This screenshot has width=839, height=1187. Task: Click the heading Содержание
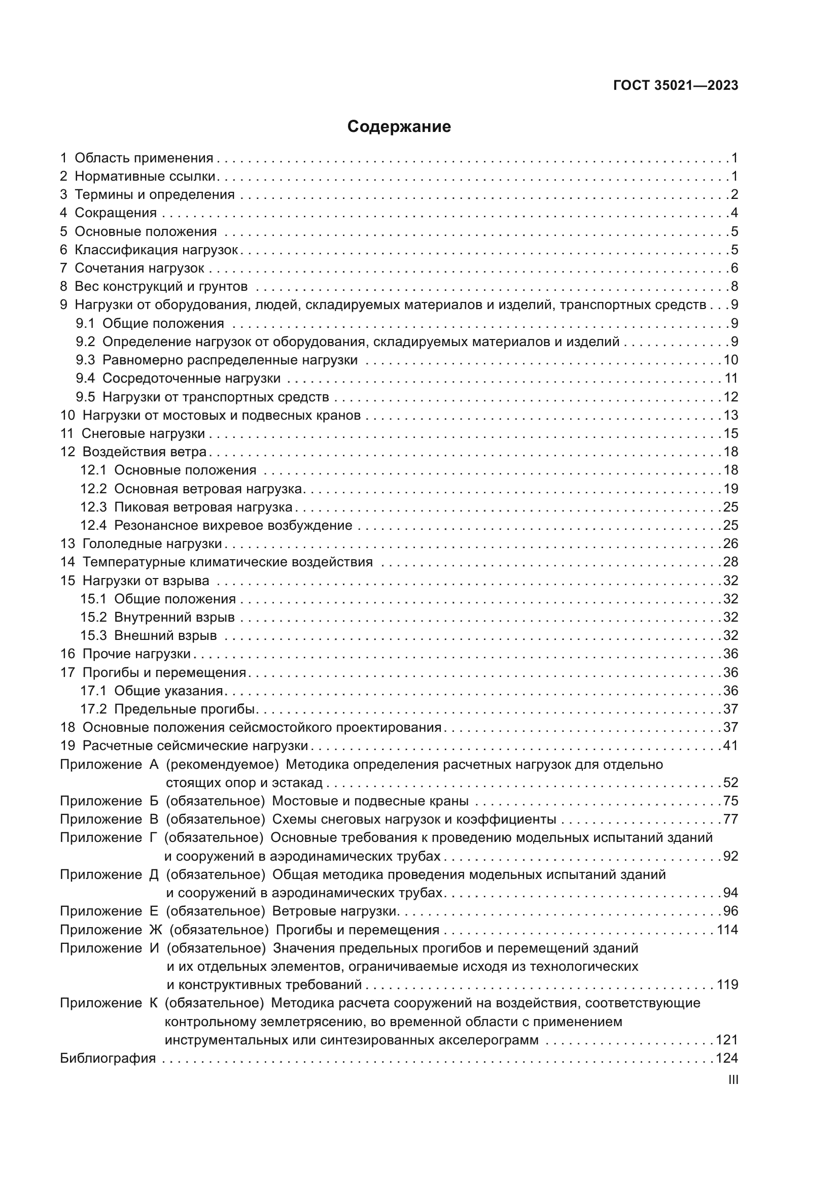[399, 127]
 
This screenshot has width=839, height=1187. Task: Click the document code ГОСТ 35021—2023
[675, 85]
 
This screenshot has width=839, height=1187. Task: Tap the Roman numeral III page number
[732, 1079]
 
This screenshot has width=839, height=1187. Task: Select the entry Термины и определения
[155, 194]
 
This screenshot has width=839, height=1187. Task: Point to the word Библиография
[108, 1058]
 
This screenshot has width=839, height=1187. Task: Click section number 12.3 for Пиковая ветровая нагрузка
[93, 506]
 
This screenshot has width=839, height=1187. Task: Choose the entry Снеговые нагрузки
[143, 433]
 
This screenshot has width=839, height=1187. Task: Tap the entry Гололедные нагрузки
[152, 544]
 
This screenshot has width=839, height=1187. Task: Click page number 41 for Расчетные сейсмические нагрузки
[730, 745]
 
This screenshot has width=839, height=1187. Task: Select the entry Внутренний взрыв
[174, 617]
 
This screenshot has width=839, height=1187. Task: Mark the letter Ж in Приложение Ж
[156, 930]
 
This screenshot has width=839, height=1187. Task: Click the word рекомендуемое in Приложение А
[222, 764]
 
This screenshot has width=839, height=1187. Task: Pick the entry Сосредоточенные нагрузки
[191, 378]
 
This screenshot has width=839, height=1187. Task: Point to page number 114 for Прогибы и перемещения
[727, 930]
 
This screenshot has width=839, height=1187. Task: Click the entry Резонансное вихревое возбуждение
[233, 525]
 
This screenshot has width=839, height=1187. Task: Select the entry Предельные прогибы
[185, 709]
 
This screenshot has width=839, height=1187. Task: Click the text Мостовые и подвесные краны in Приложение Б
[370, 801]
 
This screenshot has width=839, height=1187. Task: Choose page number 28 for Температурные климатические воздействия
[730, 562]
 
